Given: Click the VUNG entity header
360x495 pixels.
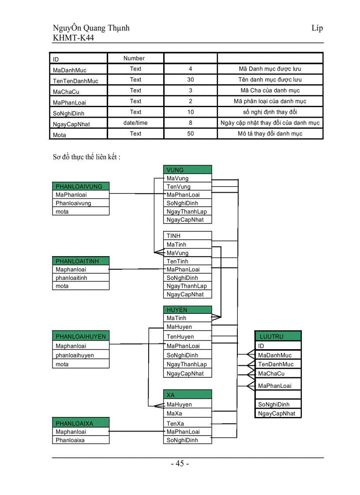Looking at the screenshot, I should (187, 170).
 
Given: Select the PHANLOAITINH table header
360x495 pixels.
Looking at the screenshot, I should (80, 261).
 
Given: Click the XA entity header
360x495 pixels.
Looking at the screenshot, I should (187, 395).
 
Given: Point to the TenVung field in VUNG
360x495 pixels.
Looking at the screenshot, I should (187, 186).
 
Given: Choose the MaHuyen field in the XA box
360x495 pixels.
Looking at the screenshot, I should (187, 404).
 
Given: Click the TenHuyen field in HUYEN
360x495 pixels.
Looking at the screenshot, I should (187, 336).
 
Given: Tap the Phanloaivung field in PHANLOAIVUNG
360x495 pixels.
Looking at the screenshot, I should (80, 203).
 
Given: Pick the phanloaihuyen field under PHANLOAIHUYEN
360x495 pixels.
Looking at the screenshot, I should (80, 355).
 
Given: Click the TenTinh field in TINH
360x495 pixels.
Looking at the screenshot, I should (187, 261).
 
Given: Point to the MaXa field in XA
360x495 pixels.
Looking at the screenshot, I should (187, 413).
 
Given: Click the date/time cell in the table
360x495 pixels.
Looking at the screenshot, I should (135, 123).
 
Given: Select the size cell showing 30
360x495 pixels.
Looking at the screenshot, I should (191, 80).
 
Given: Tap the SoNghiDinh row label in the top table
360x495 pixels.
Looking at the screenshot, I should (78, 113).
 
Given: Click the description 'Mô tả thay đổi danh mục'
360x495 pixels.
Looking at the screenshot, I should (270, 134).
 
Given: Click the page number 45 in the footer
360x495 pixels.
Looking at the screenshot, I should (180, 464).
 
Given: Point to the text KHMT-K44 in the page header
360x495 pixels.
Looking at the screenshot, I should (73, 38).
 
